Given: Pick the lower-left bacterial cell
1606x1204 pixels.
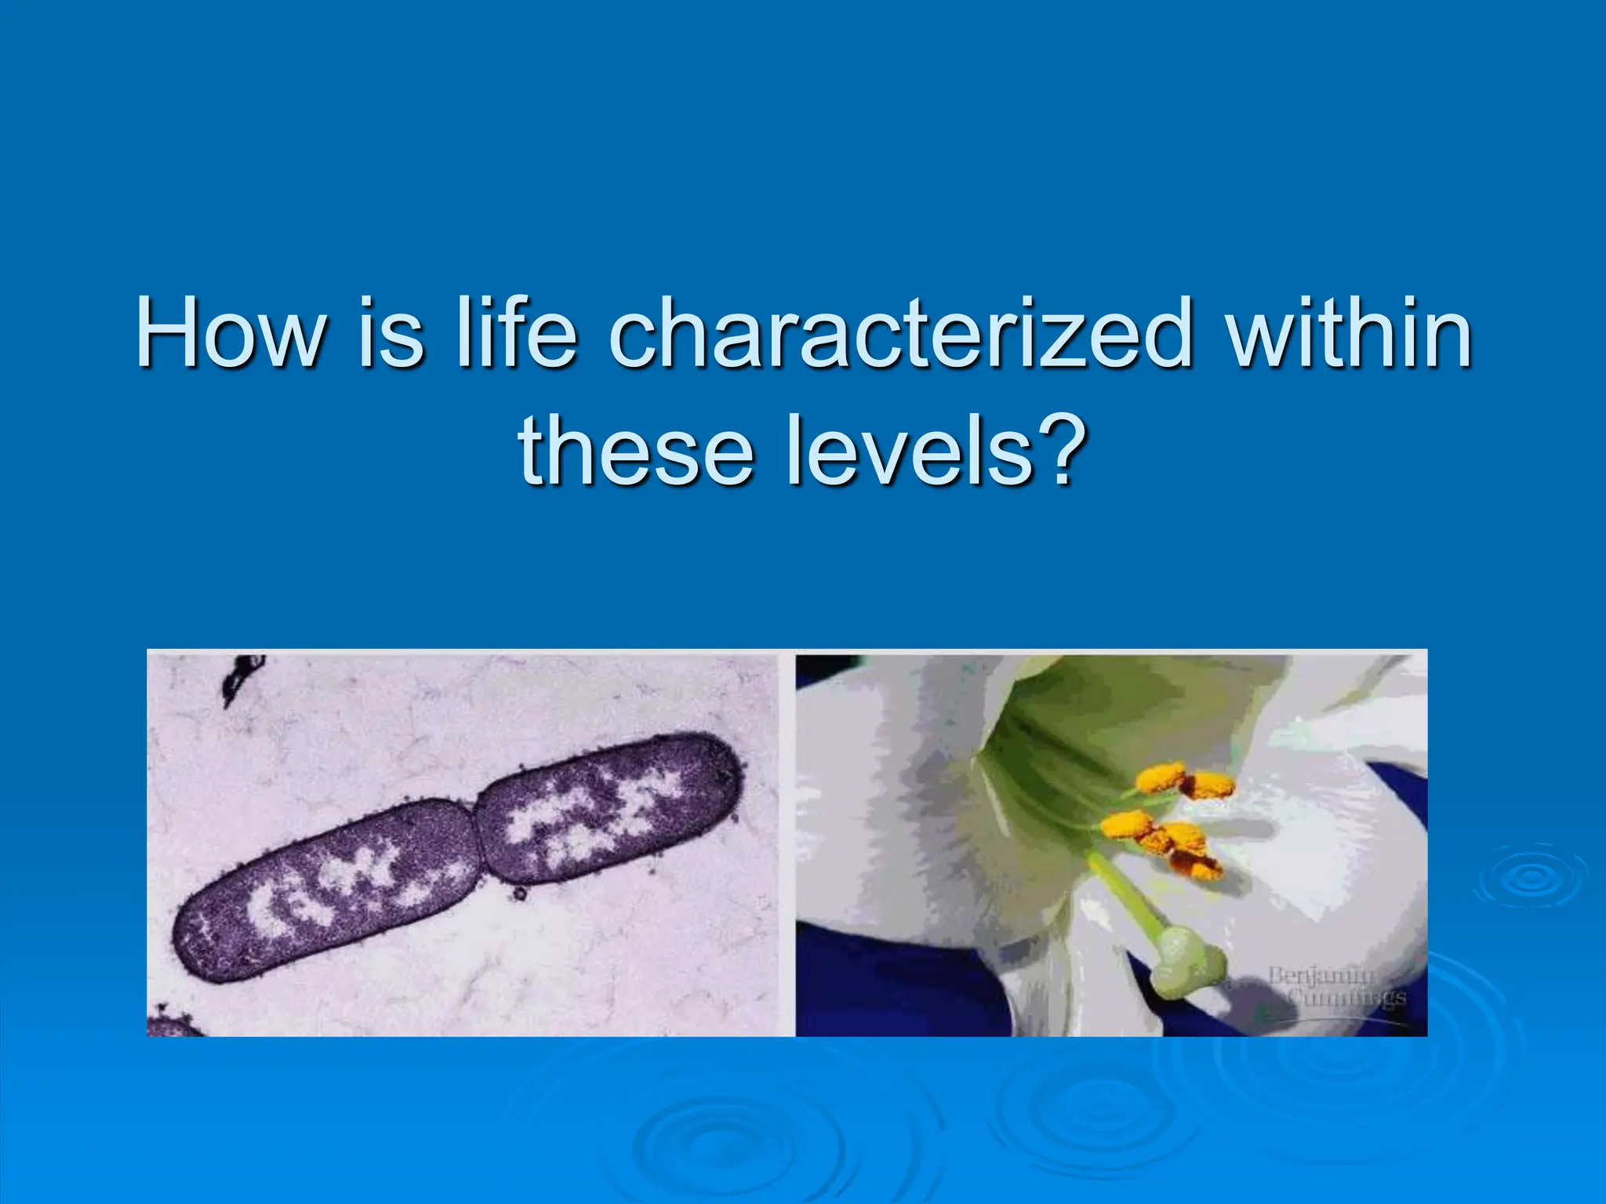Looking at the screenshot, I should [329, 894].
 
